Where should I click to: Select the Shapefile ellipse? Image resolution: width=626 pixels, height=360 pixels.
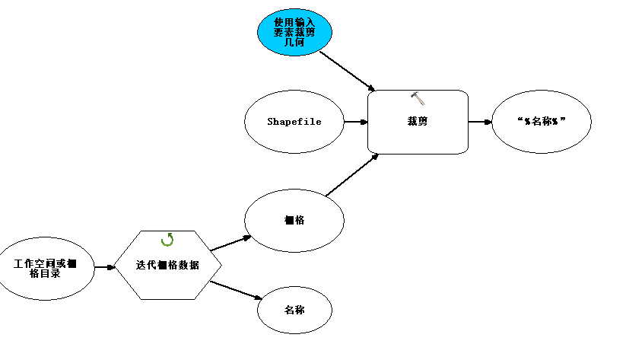point(294,122)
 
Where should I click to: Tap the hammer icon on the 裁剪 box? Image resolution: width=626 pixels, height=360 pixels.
point(418,97)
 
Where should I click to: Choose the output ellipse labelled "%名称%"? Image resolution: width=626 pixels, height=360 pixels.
point(542,122)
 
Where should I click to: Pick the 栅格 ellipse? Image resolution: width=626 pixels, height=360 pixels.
point(294,221)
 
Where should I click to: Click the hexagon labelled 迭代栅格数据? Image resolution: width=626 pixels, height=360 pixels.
point(168,265)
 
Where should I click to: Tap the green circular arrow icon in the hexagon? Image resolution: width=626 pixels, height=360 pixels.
point(167,240)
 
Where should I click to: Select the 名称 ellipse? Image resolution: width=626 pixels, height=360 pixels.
point(295,311)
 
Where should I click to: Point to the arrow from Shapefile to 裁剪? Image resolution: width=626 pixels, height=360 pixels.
point(356,122)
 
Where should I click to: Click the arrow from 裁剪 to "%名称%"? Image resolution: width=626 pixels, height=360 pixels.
point(480,122)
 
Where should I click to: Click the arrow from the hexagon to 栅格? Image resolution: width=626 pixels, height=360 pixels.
point(230,243)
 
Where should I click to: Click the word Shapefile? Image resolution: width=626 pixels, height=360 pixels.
point(294,122)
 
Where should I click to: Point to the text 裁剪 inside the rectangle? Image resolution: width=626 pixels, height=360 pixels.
point(417,121)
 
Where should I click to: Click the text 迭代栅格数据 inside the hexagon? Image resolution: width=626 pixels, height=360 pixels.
point(168,266)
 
